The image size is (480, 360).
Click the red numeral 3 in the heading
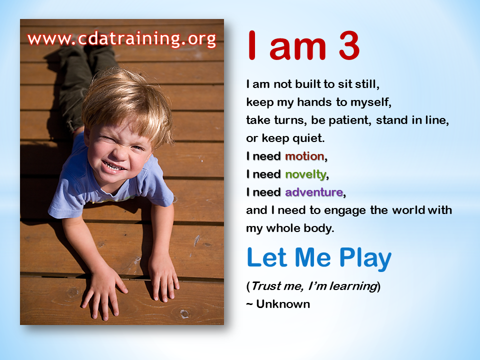coord(349,46)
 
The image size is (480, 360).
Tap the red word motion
coord(304,156)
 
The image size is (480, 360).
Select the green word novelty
coord(305,175)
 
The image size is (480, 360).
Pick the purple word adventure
coord(314,192)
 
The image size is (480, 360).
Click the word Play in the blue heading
coord(365,258)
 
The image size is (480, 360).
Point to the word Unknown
coord(283,304)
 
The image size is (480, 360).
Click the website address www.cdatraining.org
coord(122,39)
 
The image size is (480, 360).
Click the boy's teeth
coord(112,166)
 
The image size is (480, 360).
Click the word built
coord(307,84)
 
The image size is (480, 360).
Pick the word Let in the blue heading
coord(267,258)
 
